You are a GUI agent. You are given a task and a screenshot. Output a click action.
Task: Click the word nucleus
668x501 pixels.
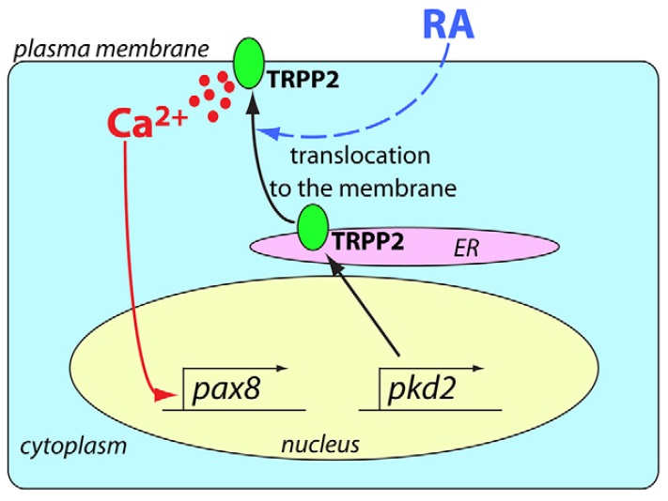(x=320, y=443)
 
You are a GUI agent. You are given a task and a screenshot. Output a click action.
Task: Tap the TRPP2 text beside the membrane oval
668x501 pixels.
(x=300, y=82)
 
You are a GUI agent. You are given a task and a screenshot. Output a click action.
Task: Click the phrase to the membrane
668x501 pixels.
(x=362, y=188)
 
